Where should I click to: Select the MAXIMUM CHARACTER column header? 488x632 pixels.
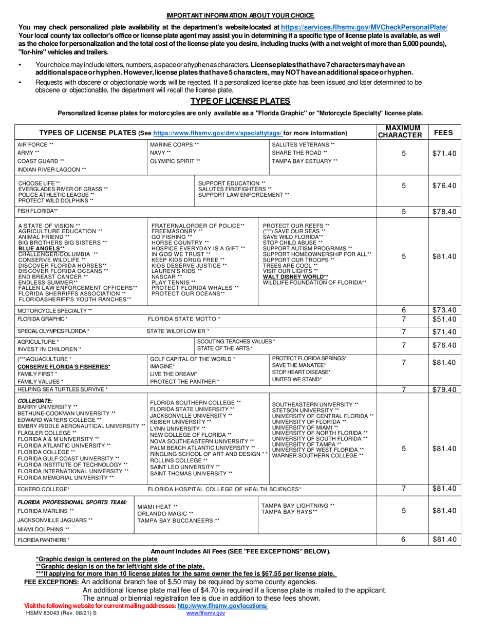click(x=403, y=132)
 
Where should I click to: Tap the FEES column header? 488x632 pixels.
click(x=443, y=132)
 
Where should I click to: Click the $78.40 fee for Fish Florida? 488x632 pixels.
click(x=443, y=211)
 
